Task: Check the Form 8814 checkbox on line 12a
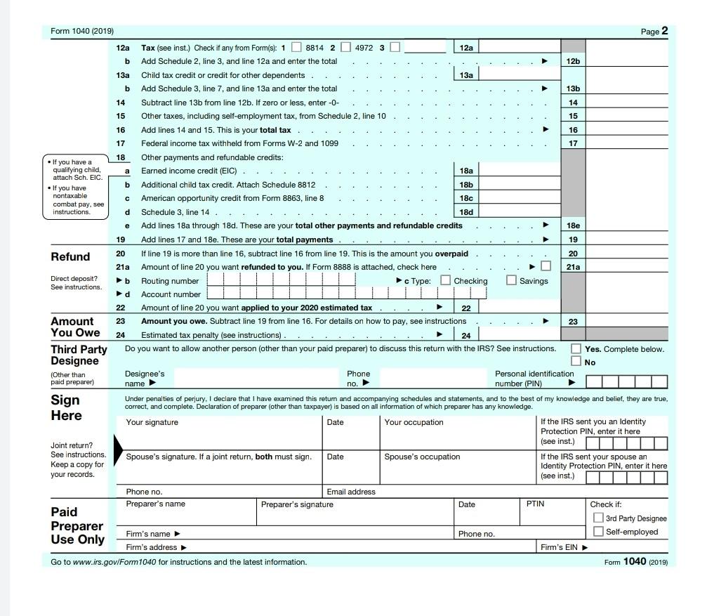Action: [x=296, y=48]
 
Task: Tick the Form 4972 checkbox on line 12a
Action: [x=345, y=48]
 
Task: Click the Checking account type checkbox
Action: [x=445, y=280]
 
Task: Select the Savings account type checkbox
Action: [x=511, y=280]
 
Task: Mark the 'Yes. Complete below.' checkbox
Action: [x=576, y=349]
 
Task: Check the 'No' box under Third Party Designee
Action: [x=576, y=361]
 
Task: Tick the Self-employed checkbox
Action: [x=598, y=532]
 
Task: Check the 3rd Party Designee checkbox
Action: [x=598, y=518]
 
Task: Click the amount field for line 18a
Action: [x=519, y=171]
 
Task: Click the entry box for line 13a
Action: [x=519, y=75]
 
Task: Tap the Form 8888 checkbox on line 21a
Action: [x=546, y=266]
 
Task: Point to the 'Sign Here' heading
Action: [x=66, y=407]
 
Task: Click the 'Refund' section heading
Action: [x=70, y=257]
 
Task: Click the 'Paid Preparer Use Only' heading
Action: [x=77, y=525]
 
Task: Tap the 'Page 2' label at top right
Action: [x=654, y=31]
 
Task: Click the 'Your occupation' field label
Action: [x=414, y=422]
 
